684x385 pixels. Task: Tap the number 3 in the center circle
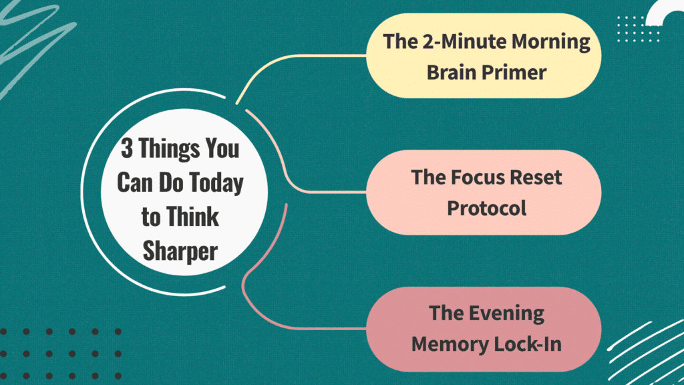pyautogui.click(x=126, y=148)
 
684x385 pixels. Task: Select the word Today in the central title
pyautogui.click(x=218, y=182)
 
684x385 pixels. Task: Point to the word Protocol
pyautogui.click(x=486, y=208)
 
